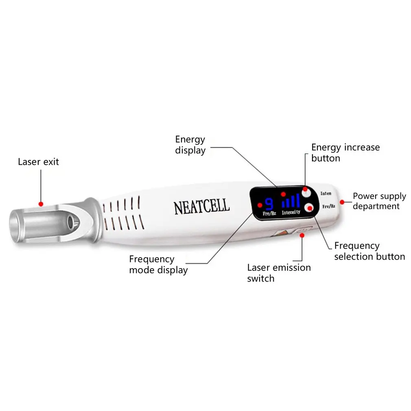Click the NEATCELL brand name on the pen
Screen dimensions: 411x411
(202, 206)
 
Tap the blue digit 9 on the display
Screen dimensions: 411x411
(269, 203)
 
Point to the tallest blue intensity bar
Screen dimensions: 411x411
(298, 200)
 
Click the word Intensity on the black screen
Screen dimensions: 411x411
(291, 212)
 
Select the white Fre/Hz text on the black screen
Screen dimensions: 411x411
(269, 213)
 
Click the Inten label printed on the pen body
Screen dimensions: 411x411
(326, 193)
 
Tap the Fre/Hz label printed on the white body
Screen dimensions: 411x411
(328, 206)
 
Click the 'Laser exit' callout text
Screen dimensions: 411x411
(38, 162)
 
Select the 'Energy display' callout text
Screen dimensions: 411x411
(190, 145)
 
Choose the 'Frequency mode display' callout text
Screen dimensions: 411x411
(158, 265)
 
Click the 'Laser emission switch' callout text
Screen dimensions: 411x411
(279, 273)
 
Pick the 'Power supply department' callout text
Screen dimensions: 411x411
(379, 201)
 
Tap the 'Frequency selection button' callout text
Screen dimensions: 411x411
(369, 251)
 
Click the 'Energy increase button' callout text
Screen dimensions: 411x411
(345, 153)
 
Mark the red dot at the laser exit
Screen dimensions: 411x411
(40, 203)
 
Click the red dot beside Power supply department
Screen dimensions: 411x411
(342, 201)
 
